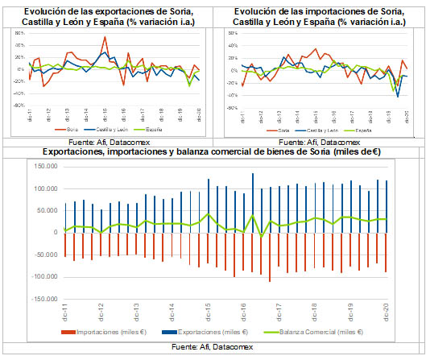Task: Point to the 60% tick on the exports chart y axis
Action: pos(19,46)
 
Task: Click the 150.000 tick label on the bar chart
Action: pos(43,167)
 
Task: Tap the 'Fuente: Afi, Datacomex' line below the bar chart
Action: pos(213,346)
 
